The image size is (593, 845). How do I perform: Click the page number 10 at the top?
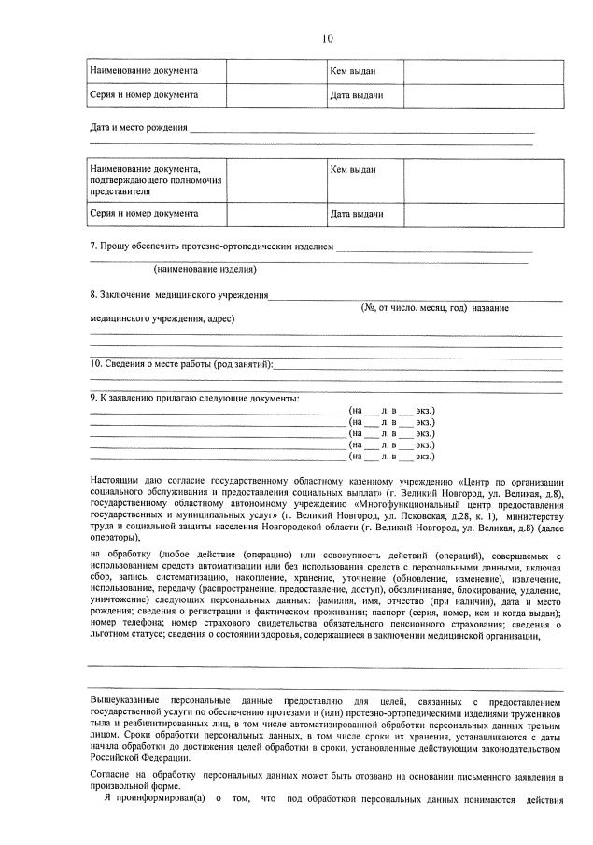point(327,38)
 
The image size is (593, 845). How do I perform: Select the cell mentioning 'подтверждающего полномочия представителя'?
point(155,179)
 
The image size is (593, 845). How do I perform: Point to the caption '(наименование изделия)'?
point(205,269)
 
